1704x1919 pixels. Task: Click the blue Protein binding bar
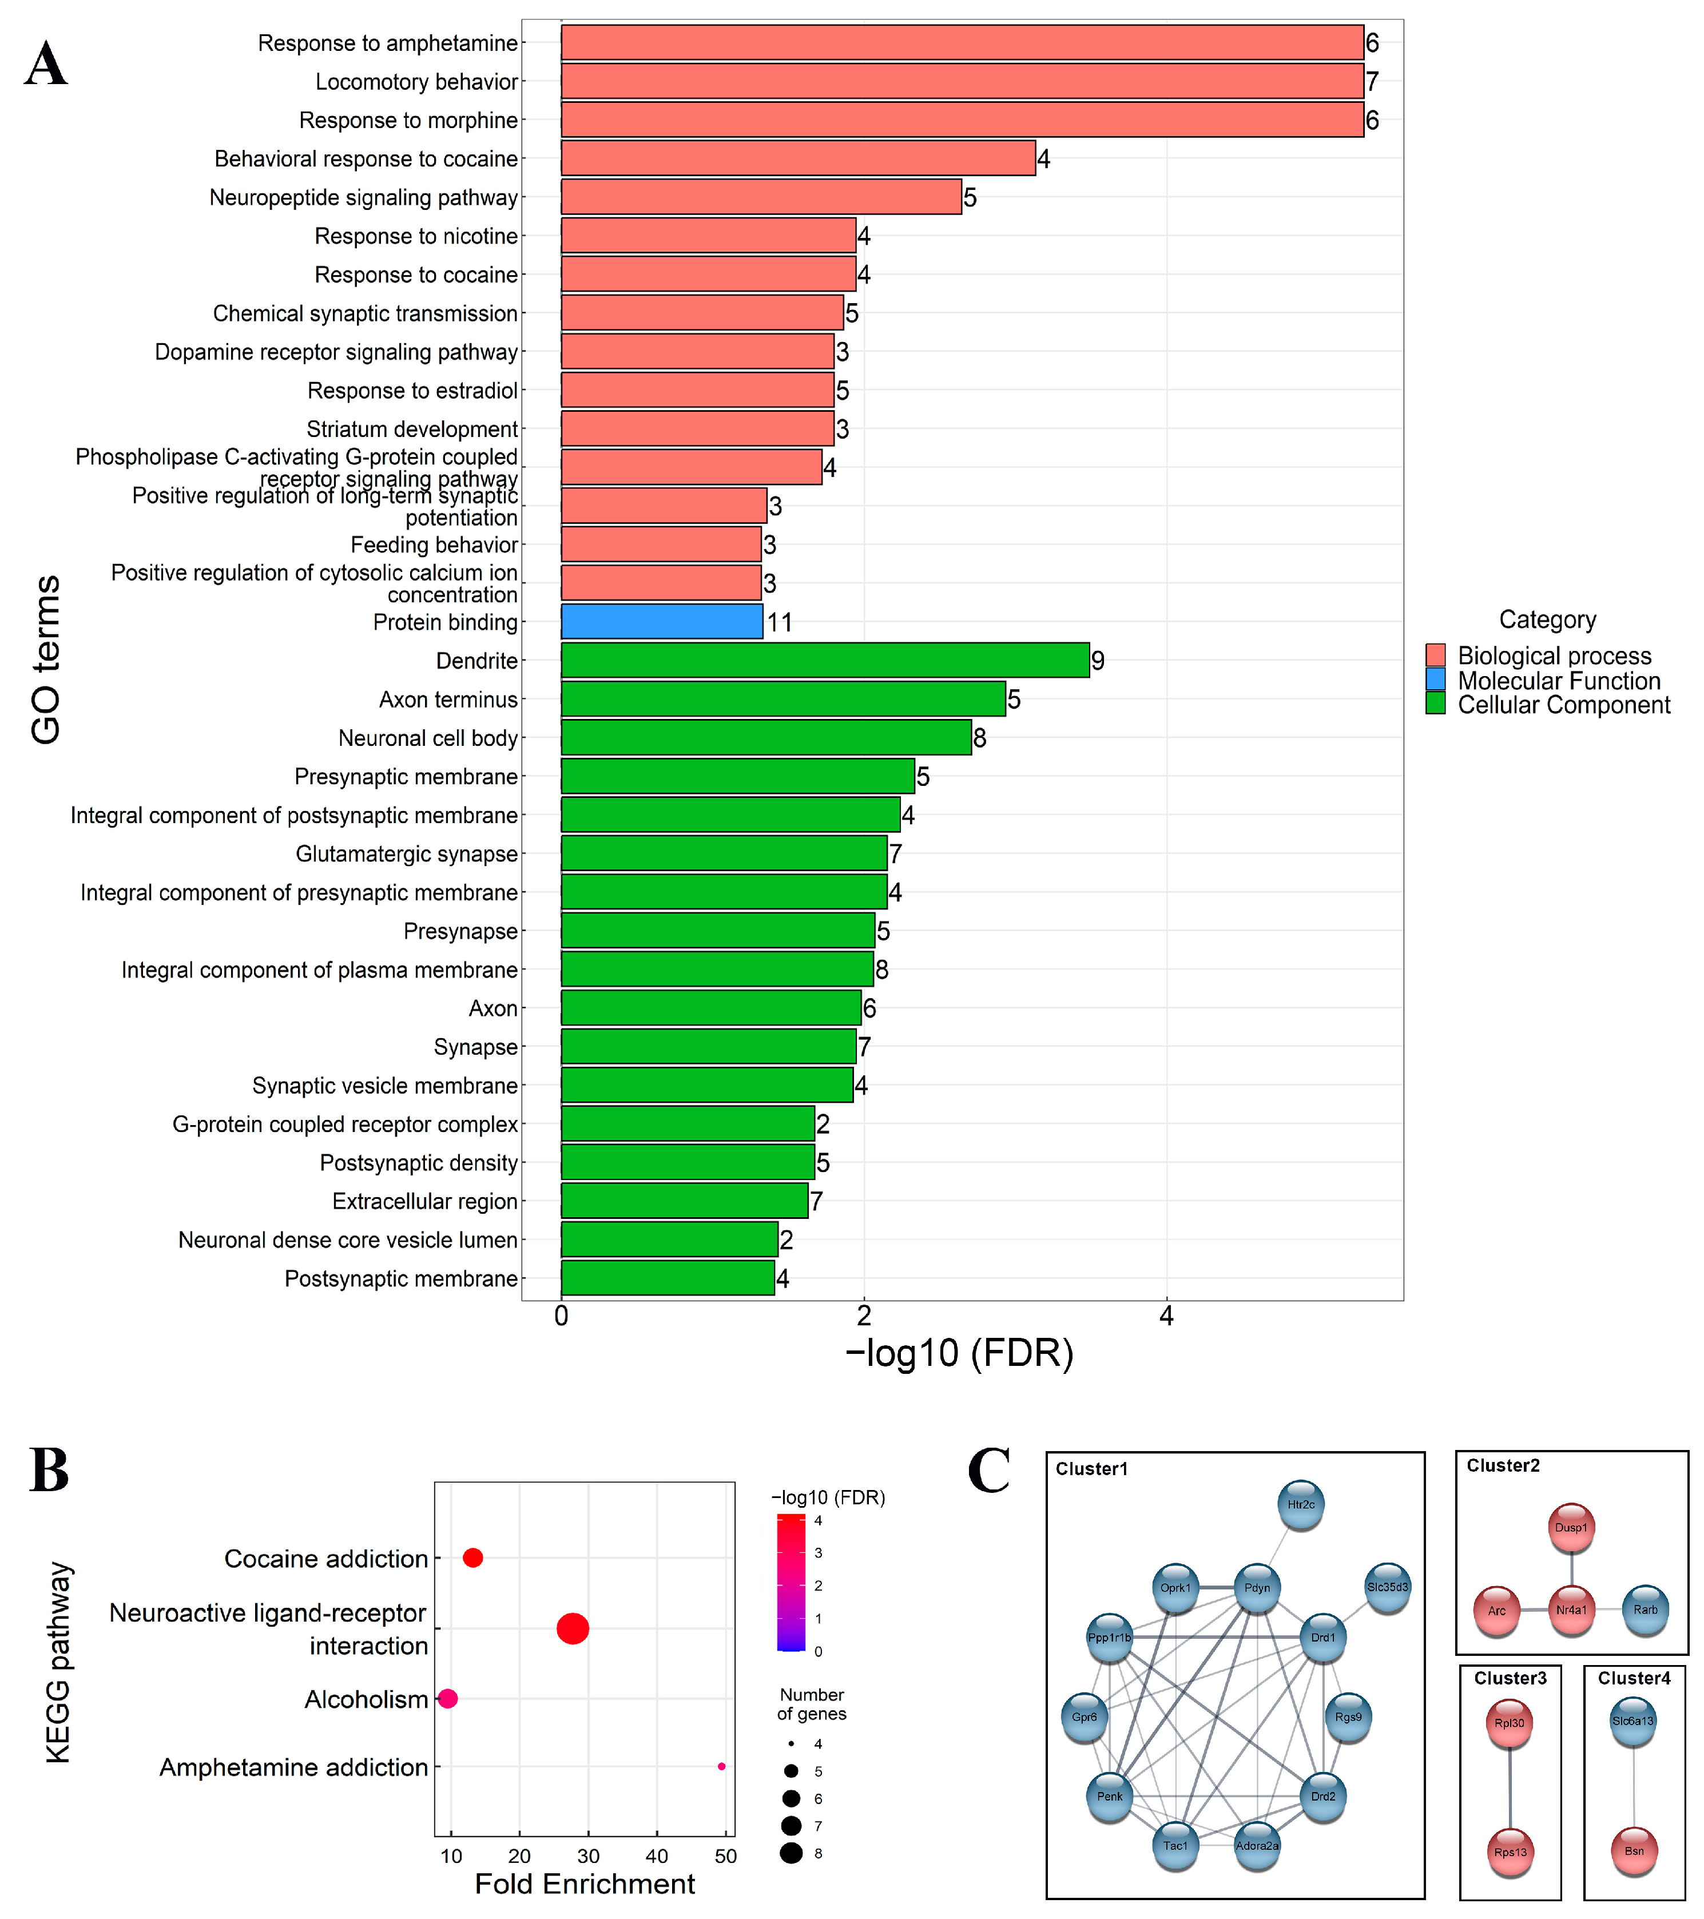pyautogui.click(x=662, y=622)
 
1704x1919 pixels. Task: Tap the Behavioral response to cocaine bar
pyautogui.click(x=798, y=158)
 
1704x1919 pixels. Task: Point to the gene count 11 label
pyautogui.click(x=779, y=622)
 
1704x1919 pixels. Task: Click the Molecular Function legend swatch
pyautogui.click(x=1435, y=680)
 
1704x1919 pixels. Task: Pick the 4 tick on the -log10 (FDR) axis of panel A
pyautogui.click(x=1166, y=1316)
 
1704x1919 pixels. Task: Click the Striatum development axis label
pyautogui.click(x=412, y=429)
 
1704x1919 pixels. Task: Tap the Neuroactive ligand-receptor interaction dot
pyautogui.click(x=573, y=1629)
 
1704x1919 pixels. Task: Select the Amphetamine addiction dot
pyautogui.click(x=721, y=1767)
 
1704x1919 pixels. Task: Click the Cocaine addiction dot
pyautogui.click(x=473, y=1559)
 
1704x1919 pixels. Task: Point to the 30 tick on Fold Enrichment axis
pyautogui.click(x=589, y=1856)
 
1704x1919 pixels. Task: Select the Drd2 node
pyautogui.click(x=1323, y=1796)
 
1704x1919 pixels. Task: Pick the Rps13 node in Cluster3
pyautogui.click(x=1511, y=1852)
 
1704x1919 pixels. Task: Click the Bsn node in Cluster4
pyautogui.click(x=1635, y=1850)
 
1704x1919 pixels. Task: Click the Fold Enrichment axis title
pyautogui.click(x=585, y=1884)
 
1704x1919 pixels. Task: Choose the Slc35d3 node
pyautogui.click(x=1388, y=1587)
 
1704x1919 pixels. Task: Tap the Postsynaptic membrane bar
pyautogui.click(x=668, y=1278)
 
